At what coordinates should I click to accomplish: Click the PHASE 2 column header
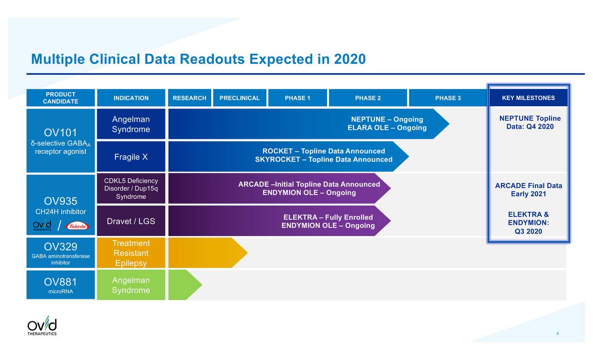tap(368, 98)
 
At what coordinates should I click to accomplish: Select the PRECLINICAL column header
tap(240, 98)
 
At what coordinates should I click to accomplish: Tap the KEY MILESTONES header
tap(528, 98)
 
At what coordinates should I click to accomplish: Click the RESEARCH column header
tap(189, 98)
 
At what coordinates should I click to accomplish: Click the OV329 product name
tap(61, 246)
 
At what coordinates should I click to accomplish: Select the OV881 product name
tap(61, 282)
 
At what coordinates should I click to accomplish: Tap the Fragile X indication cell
tap(131, 157)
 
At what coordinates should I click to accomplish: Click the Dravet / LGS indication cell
tap(131, 221)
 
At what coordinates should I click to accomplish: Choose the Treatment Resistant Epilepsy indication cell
tap(131, 253)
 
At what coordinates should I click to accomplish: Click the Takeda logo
tap(77, 226)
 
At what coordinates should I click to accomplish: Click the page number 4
tap(558, 334)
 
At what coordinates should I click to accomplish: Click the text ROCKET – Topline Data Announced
tap(323, 151)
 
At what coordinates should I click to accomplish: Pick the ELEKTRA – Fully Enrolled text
tap(328, 217)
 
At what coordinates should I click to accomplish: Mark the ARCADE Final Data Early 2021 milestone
tap(528, 190)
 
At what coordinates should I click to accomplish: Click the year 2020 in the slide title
tap(350, 59)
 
